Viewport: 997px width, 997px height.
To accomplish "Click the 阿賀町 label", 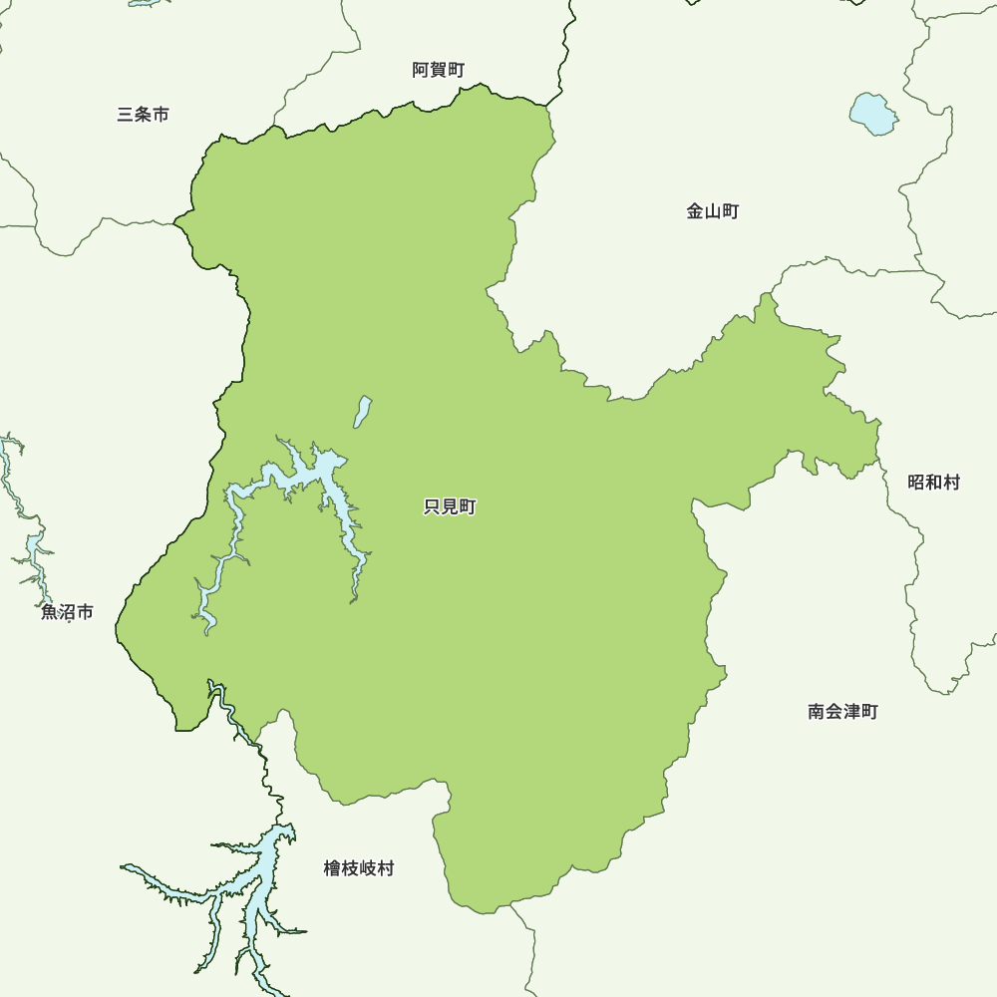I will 438,70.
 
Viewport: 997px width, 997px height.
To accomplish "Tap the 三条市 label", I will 143,115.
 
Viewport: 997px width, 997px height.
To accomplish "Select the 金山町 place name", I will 712,211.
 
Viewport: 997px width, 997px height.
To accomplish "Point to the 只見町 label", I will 450,507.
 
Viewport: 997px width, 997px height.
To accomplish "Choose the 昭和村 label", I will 933,483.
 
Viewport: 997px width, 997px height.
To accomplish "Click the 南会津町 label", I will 842,712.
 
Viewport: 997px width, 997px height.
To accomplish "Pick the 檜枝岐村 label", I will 359,868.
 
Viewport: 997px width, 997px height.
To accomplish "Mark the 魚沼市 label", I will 67,612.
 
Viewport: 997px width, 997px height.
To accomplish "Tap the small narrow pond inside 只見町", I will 364,410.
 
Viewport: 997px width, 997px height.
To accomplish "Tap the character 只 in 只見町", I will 432,507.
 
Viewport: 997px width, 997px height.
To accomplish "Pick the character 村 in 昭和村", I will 951,483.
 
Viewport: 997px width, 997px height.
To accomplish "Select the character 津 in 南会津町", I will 851,712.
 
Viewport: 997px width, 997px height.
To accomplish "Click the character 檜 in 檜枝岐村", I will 332,868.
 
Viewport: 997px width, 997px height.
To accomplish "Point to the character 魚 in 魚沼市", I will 49,612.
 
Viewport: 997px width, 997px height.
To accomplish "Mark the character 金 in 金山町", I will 694,211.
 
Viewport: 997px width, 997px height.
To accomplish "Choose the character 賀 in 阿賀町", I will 438,70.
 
